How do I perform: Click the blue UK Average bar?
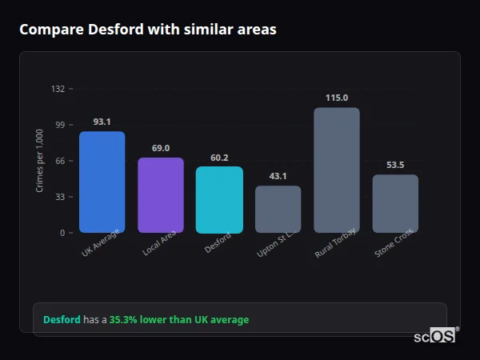pyautogui.click(x=102, y=182)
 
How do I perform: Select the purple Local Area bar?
pyautogui.click(x=161, y=195)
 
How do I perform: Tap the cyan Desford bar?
pyautogui.click(x=219, y=200)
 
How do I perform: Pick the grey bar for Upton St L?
pyautogui.click(x=278, y=210)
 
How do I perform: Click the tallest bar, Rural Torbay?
pyautogui.click(x=337, y=170)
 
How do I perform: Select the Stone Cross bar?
pyautogui.click(x=395, y=204)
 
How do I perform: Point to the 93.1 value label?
pyautogui.click(x=102, y=122)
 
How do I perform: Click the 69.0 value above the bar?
pyautogui.click(x=161, y=148)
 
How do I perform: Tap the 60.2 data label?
pyautogui.click(x=219, y=158)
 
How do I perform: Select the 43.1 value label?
pyautogui.click(x=278, y=176)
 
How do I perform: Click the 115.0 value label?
pyautogui.click(x=337, y=98)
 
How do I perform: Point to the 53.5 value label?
pyautogui.click(x=395, y=165)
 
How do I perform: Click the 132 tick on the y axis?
pyautogui.click(x=58, y=89)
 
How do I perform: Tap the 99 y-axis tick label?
pyautogui.click(x=60, y=125)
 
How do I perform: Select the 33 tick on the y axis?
pyautogui.click(x=60, y=197)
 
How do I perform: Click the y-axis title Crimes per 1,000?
pyautogui.click(x=40, y=161)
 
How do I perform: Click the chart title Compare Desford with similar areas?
pyautogui.click(x=148, y=30)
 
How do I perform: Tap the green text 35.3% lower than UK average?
pyautogui.click(x=179, y=320)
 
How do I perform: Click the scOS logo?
pyautogui.click(x=434, y=337)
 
